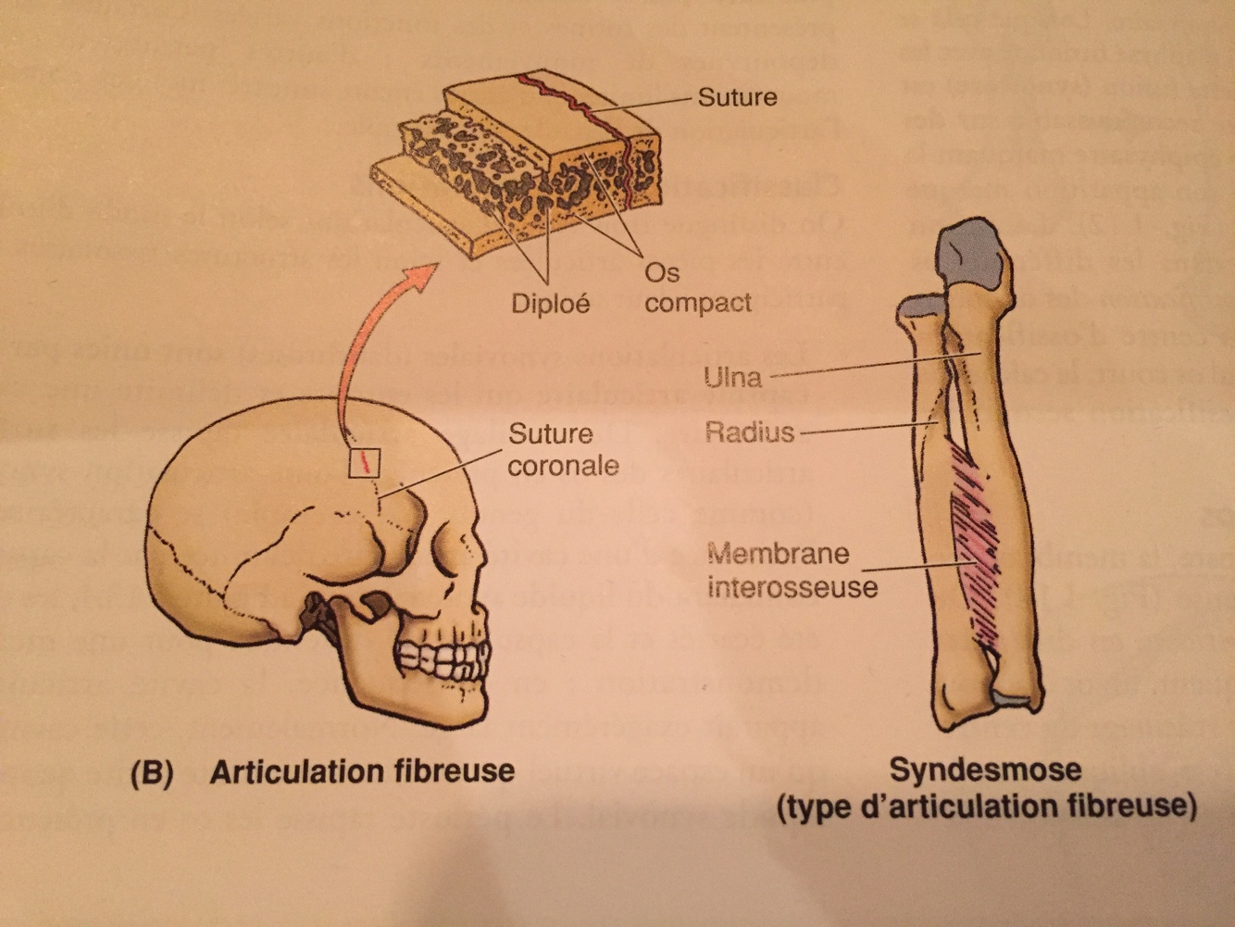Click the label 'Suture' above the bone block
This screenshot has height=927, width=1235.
tap(736, 97)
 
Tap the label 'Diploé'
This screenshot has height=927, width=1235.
tap(550, 303)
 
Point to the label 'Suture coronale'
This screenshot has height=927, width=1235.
tap(563, 449)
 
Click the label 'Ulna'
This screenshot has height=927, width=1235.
tap(732, 377)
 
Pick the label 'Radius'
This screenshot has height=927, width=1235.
tap(749, 432)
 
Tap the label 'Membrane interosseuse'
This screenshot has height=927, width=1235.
tap(792, 570)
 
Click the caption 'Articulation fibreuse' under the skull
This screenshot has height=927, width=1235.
tap(361, 771)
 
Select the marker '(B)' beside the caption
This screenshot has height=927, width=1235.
tap(153, 772)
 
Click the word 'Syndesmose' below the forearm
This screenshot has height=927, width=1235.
tap(985, 770)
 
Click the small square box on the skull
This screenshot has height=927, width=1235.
tap(365, 460)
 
